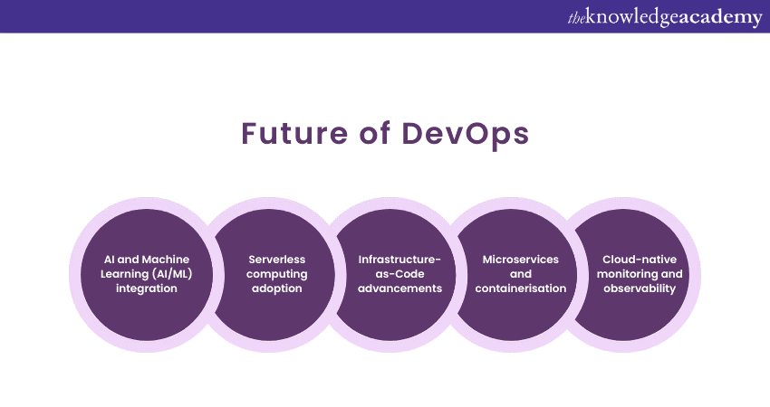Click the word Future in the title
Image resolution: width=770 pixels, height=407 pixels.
pos(294,133)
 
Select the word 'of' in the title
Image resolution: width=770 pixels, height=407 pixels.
pos(375,133)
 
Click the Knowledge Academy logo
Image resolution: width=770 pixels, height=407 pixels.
pos(665,17)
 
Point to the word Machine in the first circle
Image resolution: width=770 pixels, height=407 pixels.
pos(166,260)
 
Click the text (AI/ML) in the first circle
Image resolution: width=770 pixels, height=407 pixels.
pos(172,274)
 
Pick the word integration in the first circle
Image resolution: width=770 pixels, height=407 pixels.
pos(147,289)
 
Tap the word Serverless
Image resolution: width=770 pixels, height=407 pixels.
pos(277,260)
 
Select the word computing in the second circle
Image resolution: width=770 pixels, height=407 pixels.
pos(277,275)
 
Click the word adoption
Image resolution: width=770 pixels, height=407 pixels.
pos(277,289)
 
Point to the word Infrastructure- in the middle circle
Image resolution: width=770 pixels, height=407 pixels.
pos(399,260)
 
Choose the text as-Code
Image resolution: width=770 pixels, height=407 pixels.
pos(399,274)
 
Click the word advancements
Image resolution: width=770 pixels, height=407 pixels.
pos(399,289)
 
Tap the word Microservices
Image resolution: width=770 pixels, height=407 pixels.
pos(521,260)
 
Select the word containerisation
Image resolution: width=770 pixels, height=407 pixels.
pos(521,289)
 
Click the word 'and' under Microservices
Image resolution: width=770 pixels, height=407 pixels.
pos(521,274)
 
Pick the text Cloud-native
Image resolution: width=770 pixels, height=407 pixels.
pos(640,260)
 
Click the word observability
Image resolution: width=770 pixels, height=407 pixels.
pos(640,289)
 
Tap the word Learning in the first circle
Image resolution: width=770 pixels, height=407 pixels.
pos(124,275)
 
